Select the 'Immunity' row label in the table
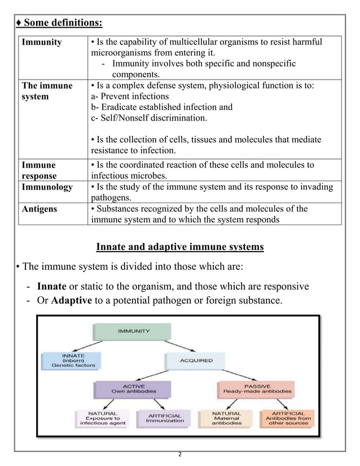[x=42, y=42]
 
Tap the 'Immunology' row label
[x=47, y=187]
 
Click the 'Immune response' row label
[x=39, y=170]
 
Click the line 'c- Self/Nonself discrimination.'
[x=149, y=118]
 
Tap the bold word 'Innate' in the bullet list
[x=51, y=286]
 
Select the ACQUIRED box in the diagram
[x=196, y=360]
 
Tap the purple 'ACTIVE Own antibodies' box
[x=134, y=388]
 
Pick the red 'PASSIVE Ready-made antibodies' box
[x=257, y=388]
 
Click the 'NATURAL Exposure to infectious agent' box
[x=101, y=418]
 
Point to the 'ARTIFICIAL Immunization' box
[x=165, y=417]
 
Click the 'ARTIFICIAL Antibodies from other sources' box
[x=288, y=418]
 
